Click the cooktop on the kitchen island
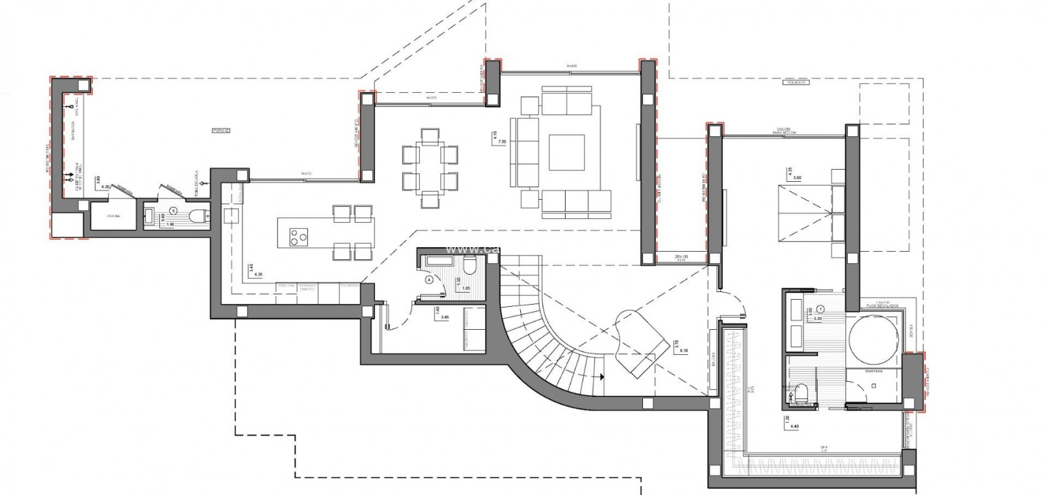296,236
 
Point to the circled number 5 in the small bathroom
173,210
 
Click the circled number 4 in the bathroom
429,279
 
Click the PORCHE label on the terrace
221,131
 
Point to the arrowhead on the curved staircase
603,377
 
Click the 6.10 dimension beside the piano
683,351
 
